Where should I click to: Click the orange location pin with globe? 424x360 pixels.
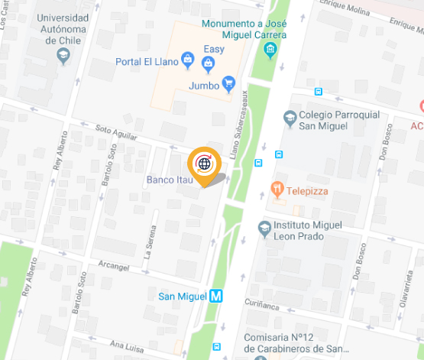click(x=204, y=164)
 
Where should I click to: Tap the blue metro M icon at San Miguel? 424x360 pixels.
click(x=217, y=296)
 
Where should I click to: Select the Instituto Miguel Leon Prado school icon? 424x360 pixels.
click(x=264, y=228)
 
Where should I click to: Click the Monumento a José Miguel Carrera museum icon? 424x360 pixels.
click(x=270, y=51)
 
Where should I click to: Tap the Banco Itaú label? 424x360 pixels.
click(x=166, y=180)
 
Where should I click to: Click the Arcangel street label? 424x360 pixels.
click(x=114, y=267)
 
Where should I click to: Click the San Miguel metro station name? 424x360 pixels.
click(x=180, y=296)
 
